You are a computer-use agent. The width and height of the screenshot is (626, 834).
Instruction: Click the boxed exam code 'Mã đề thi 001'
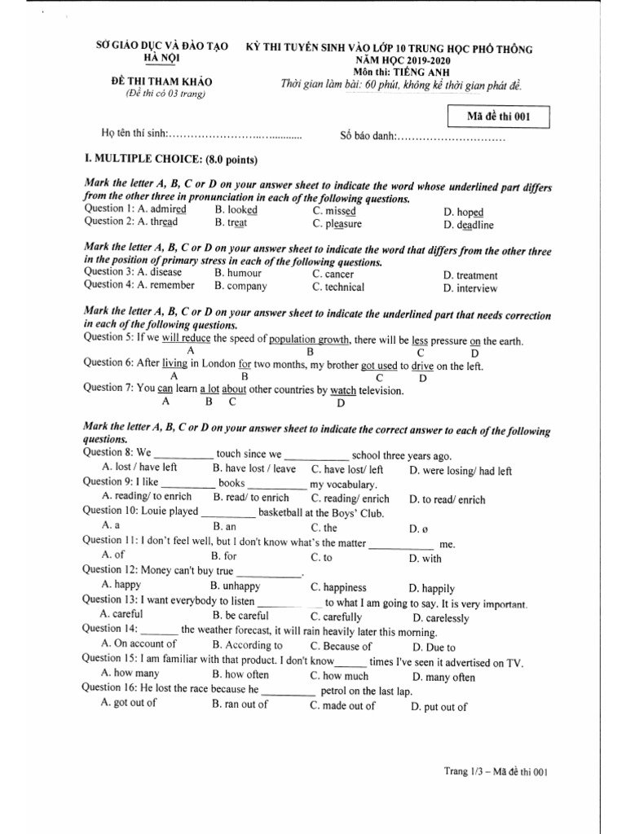pyautogui.click(x=498, y=116)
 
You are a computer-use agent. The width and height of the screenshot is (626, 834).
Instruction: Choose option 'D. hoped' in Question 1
pyautogui.click(x=464, y=212)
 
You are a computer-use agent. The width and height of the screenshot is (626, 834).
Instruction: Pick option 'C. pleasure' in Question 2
pyautogui.click(x=337, y=224)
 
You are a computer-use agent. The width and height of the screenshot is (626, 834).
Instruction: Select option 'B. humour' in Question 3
pyautogui.click(x=237, y=273)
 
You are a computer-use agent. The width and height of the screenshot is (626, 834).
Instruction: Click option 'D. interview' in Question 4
pyautogui.click(x=469, y=288)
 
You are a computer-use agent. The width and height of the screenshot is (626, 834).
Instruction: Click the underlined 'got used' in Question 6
pyautogui.click(x=379, y=366)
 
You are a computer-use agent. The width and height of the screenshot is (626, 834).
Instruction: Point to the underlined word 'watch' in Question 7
pyautogui.click(x=342, y=391)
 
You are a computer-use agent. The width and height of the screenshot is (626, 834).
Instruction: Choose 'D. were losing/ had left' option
pyautogui.click(x=461, y=470)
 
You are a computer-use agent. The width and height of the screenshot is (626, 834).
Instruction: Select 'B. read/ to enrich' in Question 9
pyautogui.click(x=251, y=498)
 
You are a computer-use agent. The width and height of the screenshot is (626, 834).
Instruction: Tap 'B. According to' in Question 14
pyautogui.click(x=247, y=646)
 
